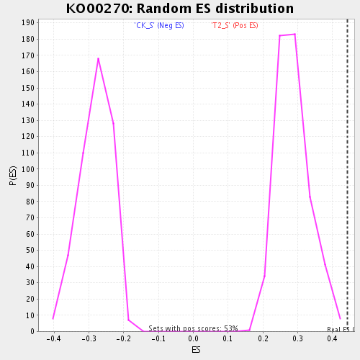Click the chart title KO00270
tap(180, 9)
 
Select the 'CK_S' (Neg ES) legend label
tap(159, 26)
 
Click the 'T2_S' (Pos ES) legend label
tap(235, 26)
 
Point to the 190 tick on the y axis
tap(27, 23)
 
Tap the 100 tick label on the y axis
tap(27, 169)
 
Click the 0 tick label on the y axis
tap(32, 331)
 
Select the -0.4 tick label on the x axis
tap(52, 338)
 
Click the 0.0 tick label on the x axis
tap(194, 338)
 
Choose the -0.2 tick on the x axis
tap(122, 338)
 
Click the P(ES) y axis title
tap(13, 176)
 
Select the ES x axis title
tap(196, 350)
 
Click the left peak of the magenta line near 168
tap(98, 58)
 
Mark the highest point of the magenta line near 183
tap(294, 34)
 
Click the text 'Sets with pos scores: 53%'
tap(193, 328)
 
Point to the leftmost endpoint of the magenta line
tap(53, 318)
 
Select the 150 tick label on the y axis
tap(27, 88)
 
